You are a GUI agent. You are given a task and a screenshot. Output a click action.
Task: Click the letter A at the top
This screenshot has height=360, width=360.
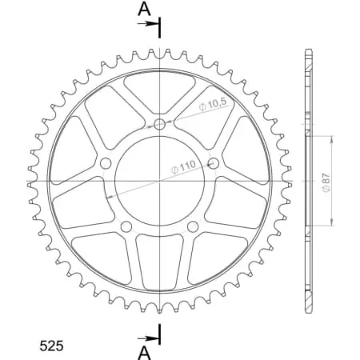coord(143,9)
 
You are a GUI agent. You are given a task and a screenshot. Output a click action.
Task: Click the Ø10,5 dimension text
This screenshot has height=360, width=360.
coord(215,105)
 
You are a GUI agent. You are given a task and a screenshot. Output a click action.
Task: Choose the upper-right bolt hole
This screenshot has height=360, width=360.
coord(214,163)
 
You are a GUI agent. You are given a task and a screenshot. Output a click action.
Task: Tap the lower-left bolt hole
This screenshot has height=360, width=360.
coord(126,227)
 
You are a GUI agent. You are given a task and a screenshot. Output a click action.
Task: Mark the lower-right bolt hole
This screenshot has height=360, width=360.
coord(193,227)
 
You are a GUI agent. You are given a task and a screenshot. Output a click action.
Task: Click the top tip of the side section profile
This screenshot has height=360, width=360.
coord(306,50)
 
